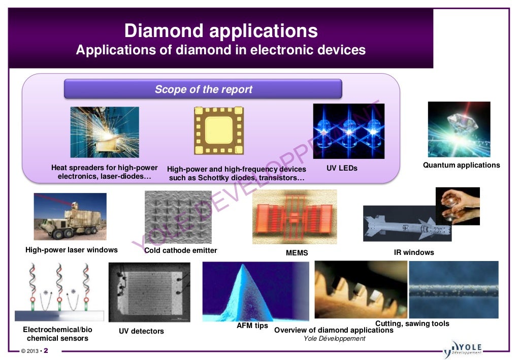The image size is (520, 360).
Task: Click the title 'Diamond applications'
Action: click(x=221, y=31)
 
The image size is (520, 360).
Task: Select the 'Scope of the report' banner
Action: click(x=203, y=89)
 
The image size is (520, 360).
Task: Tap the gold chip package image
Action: click(x=219, y=130)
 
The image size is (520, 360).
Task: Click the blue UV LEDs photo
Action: click(x=348, y=130)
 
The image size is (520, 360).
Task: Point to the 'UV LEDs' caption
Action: click(x=342, y=168)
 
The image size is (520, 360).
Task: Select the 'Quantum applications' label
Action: click(x=461, y=165)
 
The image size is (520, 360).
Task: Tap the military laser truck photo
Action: click(x=70, y=216)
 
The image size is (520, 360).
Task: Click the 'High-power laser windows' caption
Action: click(x=72, y=250)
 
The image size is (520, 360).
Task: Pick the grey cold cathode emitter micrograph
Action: click(x=178, y=217)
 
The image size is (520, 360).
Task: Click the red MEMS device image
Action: click(x=295, y=217)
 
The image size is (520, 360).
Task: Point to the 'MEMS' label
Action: click(x=297, y=253)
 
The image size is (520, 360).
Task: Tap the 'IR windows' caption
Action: click(x=414, y=252)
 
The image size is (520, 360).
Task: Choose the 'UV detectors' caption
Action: click(x=141, y=331)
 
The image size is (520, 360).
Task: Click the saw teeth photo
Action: click(x=361, y=289)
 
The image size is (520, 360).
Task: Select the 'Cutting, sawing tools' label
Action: click(x=412, y=323)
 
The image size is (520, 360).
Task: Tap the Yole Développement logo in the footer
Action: click(x=463, y=349)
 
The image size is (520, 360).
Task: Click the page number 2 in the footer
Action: click(x=46, y=351)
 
